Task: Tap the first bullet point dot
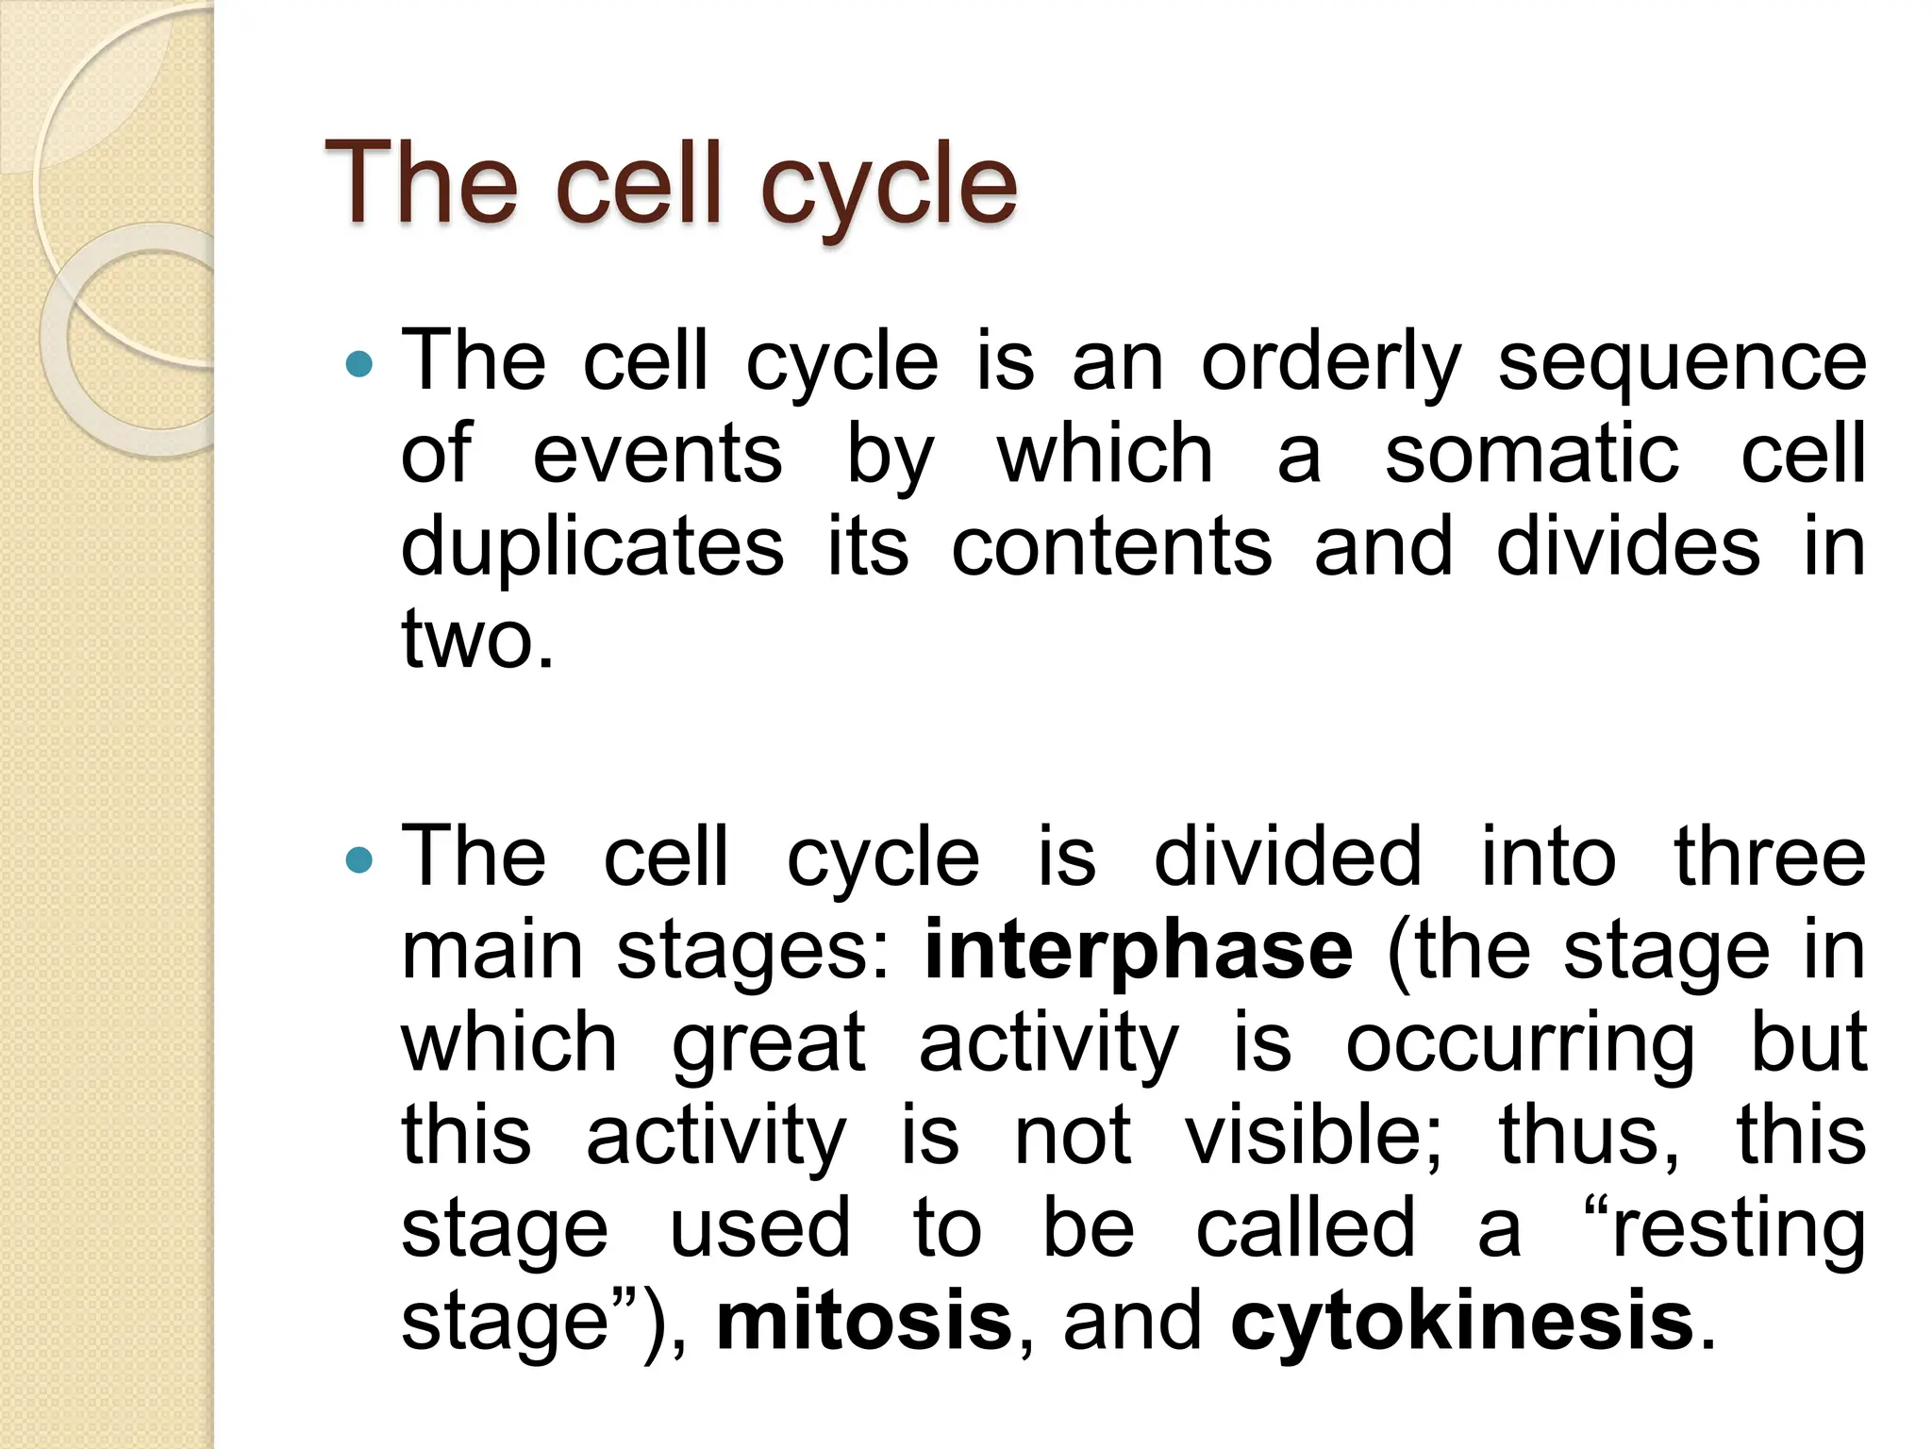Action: pos(359,364)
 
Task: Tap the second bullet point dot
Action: pos(359,859)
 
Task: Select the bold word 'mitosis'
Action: pos(864,1321)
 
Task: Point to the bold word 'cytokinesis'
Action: pos(1462,1321)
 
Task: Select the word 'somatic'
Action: pos(1532,456)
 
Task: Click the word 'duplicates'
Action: pos(592,548)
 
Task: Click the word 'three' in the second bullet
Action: pos(1770,858)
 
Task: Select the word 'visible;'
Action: pos(1313,1135)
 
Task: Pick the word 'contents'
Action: pos(1111,548)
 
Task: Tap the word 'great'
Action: pos(769,1044)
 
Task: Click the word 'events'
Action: pos(658,456)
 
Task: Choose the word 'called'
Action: pos(1306,1227)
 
